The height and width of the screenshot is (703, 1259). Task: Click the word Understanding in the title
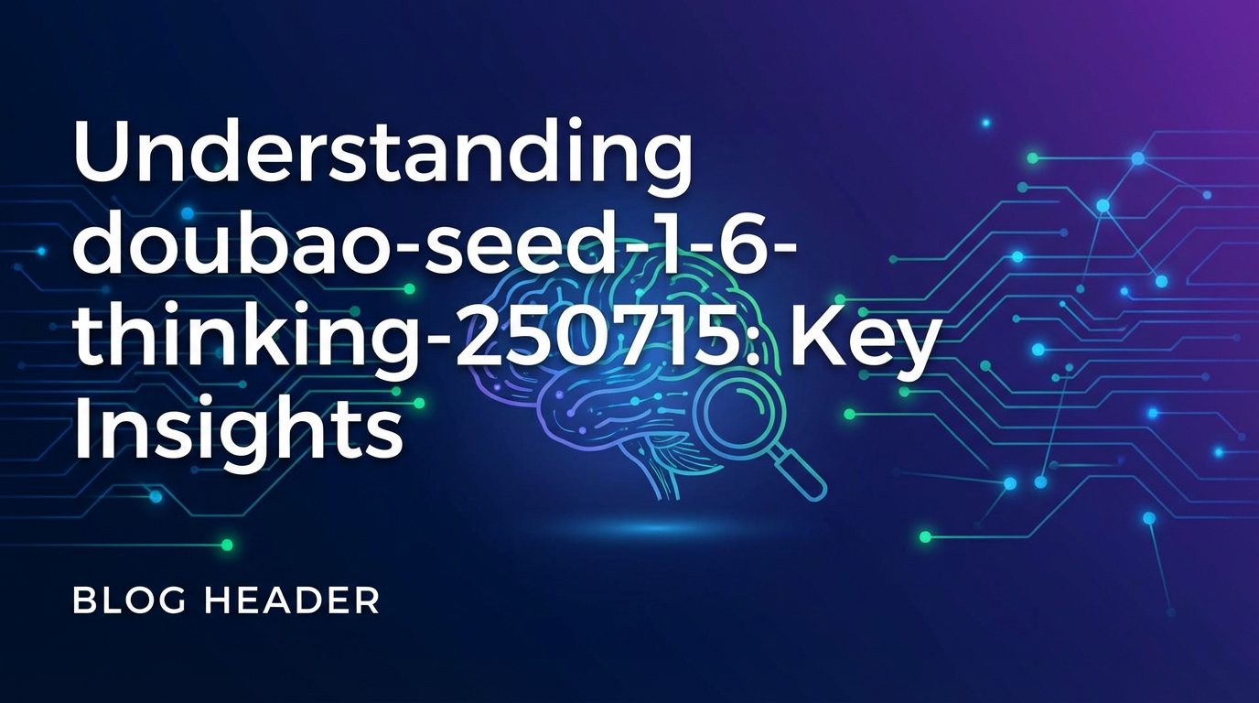382,155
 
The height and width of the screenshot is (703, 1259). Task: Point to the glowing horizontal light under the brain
654,528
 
